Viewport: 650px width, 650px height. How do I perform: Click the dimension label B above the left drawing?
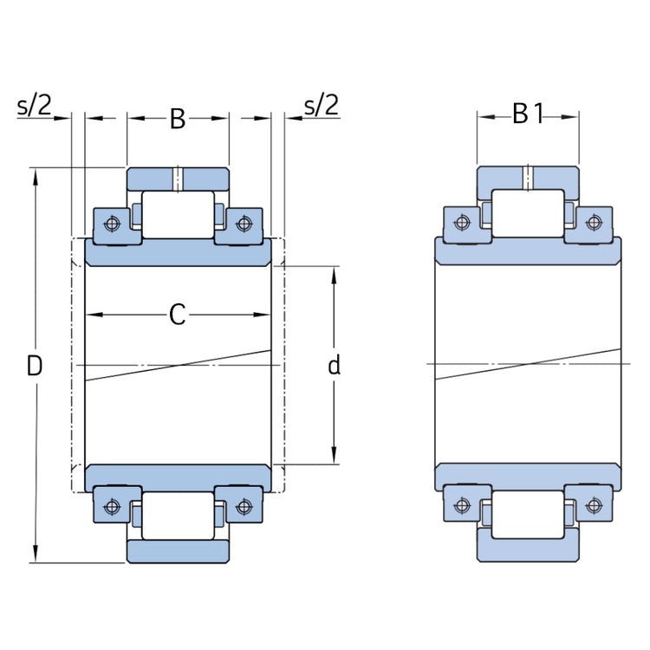[177, 119]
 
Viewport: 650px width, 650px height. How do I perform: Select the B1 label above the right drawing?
[527, 114]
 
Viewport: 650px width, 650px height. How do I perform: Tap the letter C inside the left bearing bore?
[177, 315]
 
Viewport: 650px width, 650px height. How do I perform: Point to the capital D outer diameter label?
[34, 366]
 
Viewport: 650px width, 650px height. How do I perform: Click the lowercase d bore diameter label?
[334, 366]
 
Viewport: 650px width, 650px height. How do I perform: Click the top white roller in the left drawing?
[178, 214]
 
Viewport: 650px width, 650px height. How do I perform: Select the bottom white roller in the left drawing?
[178, 517]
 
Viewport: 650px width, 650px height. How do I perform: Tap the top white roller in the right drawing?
[528, 214]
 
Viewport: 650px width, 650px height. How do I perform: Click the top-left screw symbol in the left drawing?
[111, 224]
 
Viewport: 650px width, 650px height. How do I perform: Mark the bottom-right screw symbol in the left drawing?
[244, 505]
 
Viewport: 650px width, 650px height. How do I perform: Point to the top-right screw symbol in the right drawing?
[594, 223]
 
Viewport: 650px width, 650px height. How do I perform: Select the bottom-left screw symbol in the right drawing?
[462, 505]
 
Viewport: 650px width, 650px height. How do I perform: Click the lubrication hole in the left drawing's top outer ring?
[178, 178]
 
